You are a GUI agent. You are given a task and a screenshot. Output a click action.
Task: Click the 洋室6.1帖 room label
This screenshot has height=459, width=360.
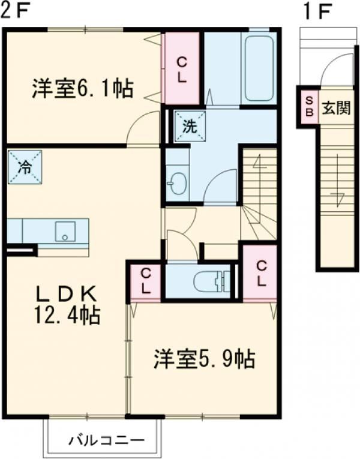tap(83, 88)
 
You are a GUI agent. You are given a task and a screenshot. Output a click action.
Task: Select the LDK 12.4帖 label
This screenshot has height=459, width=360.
tap(67, 305)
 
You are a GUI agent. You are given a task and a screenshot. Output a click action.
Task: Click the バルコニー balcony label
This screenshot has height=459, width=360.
tap(107, 440)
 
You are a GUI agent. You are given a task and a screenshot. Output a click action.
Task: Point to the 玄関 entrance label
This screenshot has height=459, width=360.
tap(336, 108)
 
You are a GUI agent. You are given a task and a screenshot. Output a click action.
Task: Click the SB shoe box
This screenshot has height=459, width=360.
tap(309, 107)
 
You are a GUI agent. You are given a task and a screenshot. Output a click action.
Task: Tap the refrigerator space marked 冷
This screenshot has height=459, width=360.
tap(25, 167)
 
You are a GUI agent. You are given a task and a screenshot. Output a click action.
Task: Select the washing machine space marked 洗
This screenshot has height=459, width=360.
tap(190, 127)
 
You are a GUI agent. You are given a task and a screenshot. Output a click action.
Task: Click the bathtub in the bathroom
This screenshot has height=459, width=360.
tap(259, 68)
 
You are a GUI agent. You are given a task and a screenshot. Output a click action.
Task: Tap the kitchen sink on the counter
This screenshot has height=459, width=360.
tap(65, 231)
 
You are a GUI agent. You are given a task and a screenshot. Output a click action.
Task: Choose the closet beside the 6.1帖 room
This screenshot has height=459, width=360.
tap(182, 68)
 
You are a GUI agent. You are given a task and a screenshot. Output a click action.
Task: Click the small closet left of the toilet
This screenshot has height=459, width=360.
tap(146, 281)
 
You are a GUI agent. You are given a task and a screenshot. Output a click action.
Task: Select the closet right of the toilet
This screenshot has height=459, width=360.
tap(260, 273)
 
